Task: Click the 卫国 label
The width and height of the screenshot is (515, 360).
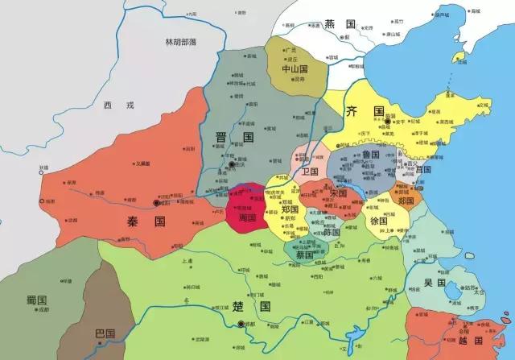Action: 310,172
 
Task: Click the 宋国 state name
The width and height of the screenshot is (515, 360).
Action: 337,193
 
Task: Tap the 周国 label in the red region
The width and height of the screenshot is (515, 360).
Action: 245,217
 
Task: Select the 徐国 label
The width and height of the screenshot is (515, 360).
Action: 377,221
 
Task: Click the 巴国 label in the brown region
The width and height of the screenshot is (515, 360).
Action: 104,332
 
